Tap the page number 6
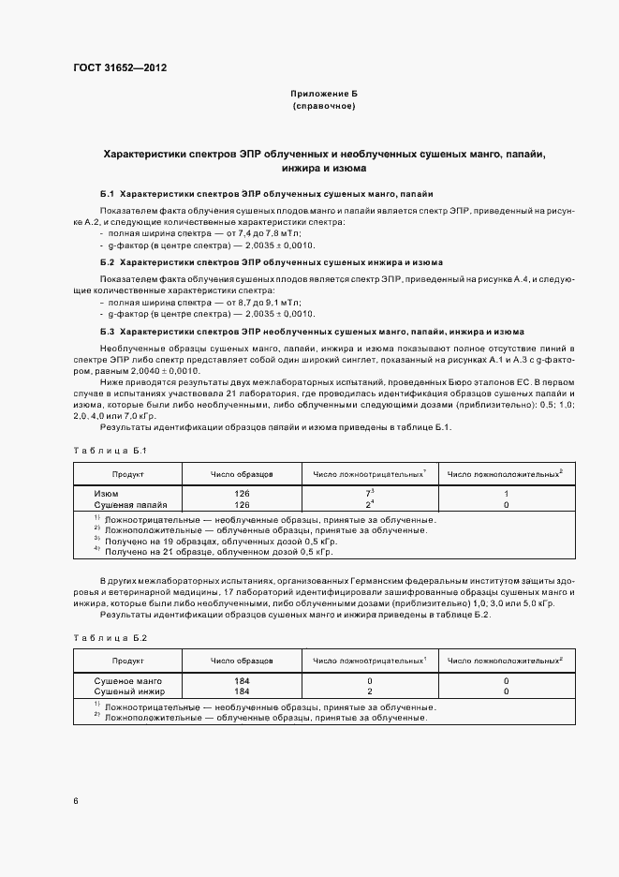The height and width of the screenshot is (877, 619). pyautogui.click(x=76, y=801)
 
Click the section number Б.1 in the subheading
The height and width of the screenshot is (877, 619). pyautogui.click(x=107, y=192)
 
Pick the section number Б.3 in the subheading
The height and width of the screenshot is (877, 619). pyautogui.click(x=107, y=333)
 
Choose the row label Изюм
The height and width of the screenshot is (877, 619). pyautogui.click(x=107, y=493)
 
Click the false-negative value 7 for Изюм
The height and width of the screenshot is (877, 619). pyautogui.click(x=368, y=493)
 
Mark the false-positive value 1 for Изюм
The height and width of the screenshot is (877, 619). pyautogui.click(x=506, y=493)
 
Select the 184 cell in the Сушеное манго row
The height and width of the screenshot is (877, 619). pyautogui.click(x=242, y=680)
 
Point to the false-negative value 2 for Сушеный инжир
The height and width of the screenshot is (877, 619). pyautogui.click(x=370, y=691)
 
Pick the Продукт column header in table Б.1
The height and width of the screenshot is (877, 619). pyautogui.click(x=128, y=475)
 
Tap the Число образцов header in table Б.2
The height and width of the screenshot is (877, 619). pyautogui.click(x=242, y=661)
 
